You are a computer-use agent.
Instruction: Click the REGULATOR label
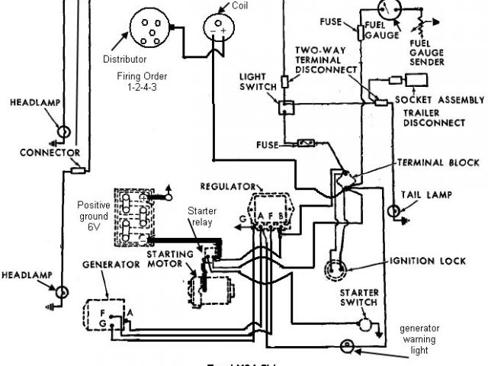[227, 186]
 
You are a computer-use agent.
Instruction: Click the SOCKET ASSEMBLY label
[440, 101]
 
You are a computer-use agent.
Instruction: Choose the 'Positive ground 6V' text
[94, 217]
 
